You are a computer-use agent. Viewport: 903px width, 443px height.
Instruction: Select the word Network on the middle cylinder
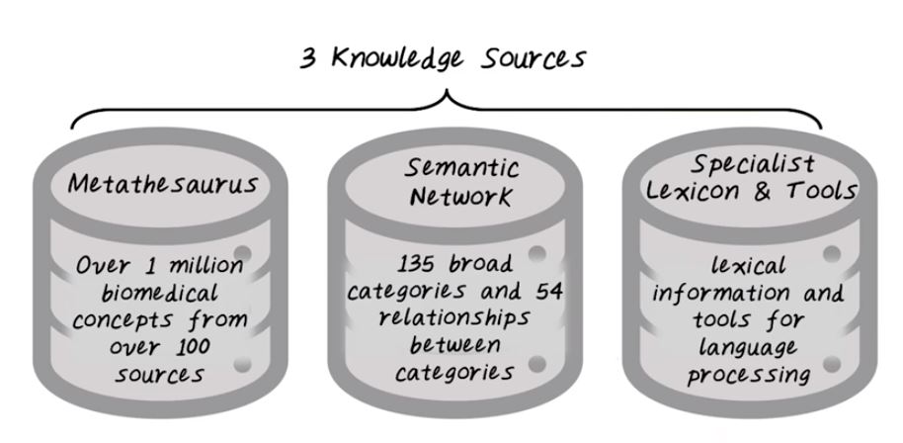coord(451,197)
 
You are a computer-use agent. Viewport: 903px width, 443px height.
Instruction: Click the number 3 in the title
coord(308,58)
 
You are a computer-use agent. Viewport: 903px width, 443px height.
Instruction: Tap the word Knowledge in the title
coord(396,58)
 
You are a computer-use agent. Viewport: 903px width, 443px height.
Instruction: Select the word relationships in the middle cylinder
coord(455,318)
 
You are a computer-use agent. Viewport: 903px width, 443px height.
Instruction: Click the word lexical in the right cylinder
coord(748,265)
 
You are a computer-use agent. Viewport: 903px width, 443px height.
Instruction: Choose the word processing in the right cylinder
coord(748,374)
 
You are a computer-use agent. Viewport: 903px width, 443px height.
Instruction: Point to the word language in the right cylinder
coord(748,347)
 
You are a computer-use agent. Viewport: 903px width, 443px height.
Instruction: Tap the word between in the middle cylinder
coord(450,345)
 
